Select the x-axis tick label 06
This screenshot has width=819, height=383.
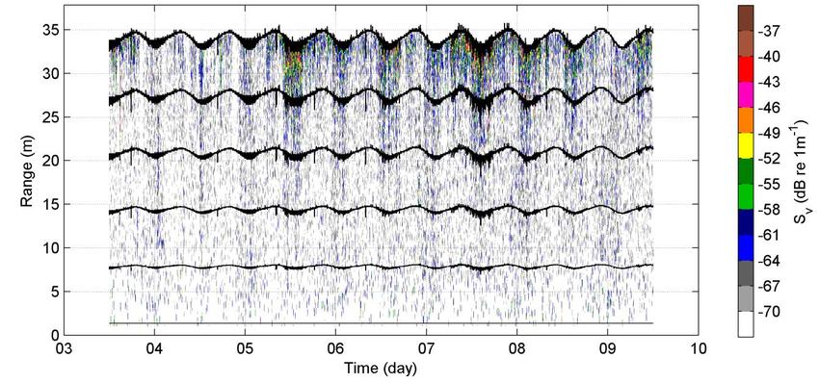click(x=336, y=347)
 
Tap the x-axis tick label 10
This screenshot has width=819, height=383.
click(x=699, y=347)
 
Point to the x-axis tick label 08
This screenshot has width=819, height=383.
click(x=517, y=347)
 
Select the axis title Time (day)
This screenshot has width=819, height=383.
click(x=381, y=369)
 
